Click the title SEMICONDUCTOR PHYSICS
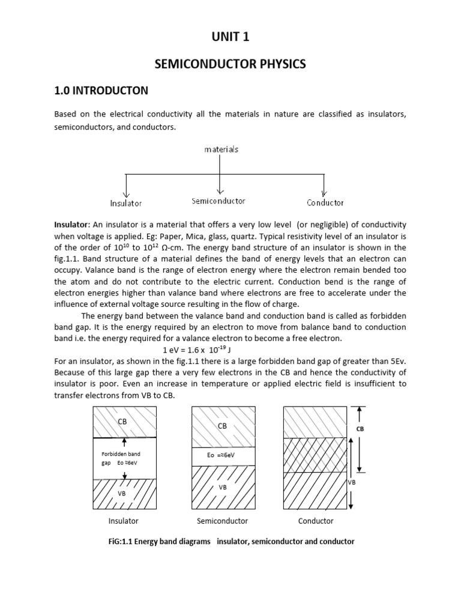[x=230, y=64]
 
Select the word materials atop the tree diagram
[x=221, y=149]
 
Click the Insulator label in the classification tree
[x=125, y=203]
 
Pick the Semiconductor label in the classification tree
[x=218, y=201]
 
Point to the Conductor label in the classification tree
[x=325, y=203]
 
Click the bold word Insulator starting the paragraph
[x=71, y=224]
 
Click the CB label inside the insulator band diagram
[x=122, y=422]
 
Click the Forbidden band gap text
[x=121, y=454]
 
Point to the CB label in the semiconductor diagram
[x=223, y=425]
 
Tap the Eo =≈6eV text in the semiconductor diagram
[x=222, y=455]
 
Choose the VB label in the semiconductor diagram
[x=223, y=487]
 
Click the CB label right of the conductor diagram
[x=360, y=429]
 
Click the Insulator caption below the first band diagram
[x=123, y=521]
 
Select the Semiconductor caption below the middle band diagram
[x=222, y=521]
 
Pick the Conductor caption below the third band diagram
[x=316, y=521]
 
